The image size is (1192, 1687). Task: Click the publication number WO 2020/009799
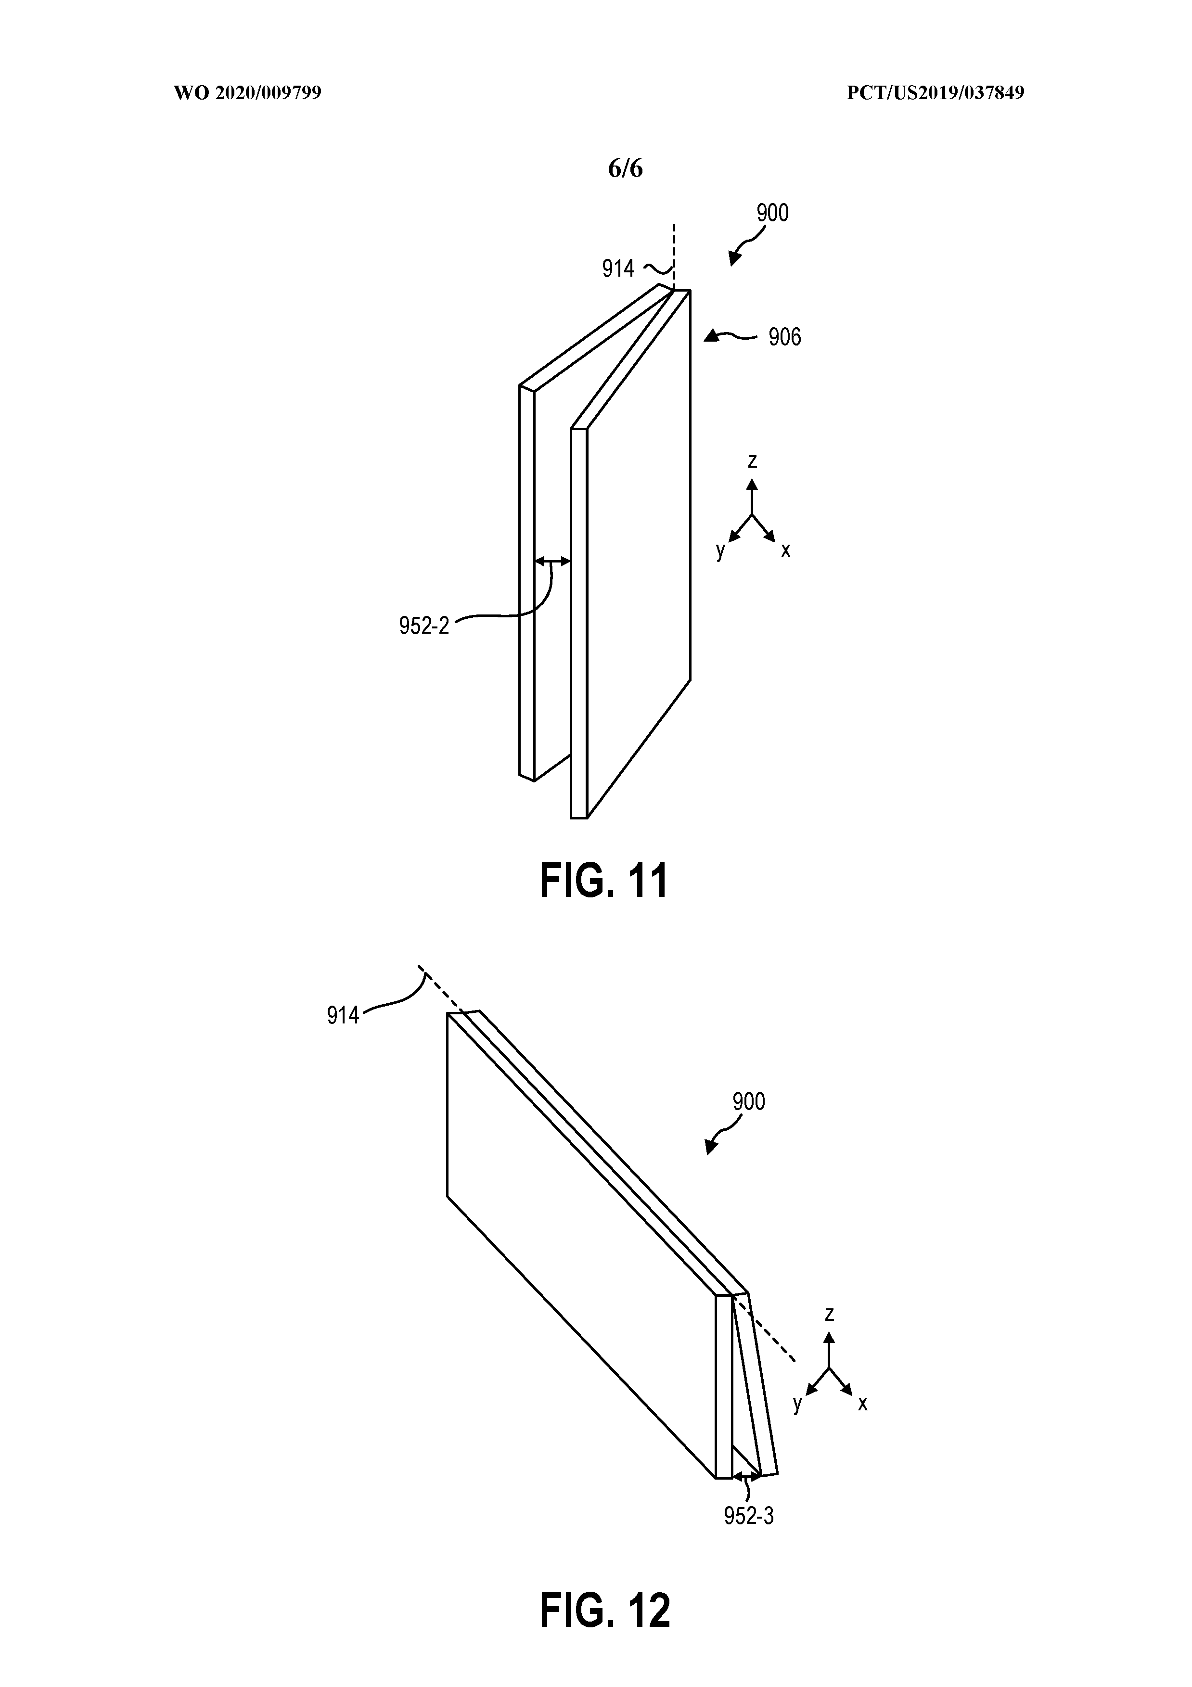(248, 93)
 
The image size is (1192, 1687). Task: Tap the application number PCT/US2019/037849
(935, 93)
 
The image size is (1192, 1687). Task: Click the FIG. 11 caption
(604, 881)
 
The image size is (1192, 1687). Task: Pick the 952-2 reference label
(424, 626)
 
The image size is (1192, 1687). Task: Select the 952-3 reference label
(749, 1516)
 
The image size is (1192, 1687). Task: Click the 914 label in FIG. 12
(343, 1015)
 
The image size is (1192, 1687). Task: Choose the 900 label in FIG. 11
(772, 213)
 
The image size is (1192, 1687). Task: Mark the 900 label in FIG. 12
(749, 1101)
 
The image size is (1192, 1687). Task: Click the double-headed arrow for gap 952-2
(552, 562)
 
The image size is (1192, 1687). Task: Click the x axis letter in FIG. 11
(785, 550)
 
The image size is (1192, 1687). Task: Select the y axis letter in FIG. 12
(797, 1404)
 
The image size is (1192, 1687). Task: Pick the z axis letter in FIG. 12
(829, 1314)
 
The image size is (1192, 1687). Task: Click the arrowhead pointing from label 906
(710, 336)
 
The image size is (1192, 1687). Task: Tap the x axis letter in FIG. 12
(863, 1404)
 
